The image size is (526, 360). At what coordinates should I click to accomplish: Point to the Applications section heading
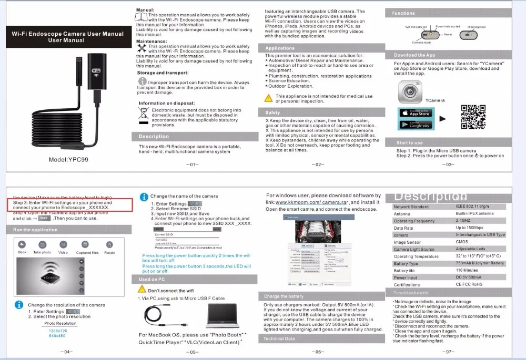click(x=280, y=48)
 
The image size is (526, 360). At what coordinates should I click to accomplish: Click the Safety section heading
click(x=273, y=112)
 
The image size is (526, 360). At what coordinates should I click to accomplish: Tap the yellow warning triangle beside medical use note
click(x=268, y=97)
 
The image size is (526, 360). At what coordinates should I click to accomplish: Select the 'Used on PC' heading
click(x=152, y=280)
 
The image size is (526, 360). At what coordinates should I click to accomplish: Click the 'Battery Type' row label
click(x=406, y=264)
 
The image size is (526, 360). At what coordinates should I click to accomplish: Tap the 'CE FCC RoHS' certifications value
click(x=469, y=285)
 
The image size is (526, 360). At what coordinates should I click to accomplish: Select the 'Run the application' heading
click(x=36, y=230)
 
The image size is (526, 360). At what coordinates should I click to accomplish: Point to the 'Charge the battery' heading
click(x=284, y=296)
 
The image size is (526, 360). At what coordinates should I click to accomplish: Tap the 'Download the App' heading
click(x=414, y=55)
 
